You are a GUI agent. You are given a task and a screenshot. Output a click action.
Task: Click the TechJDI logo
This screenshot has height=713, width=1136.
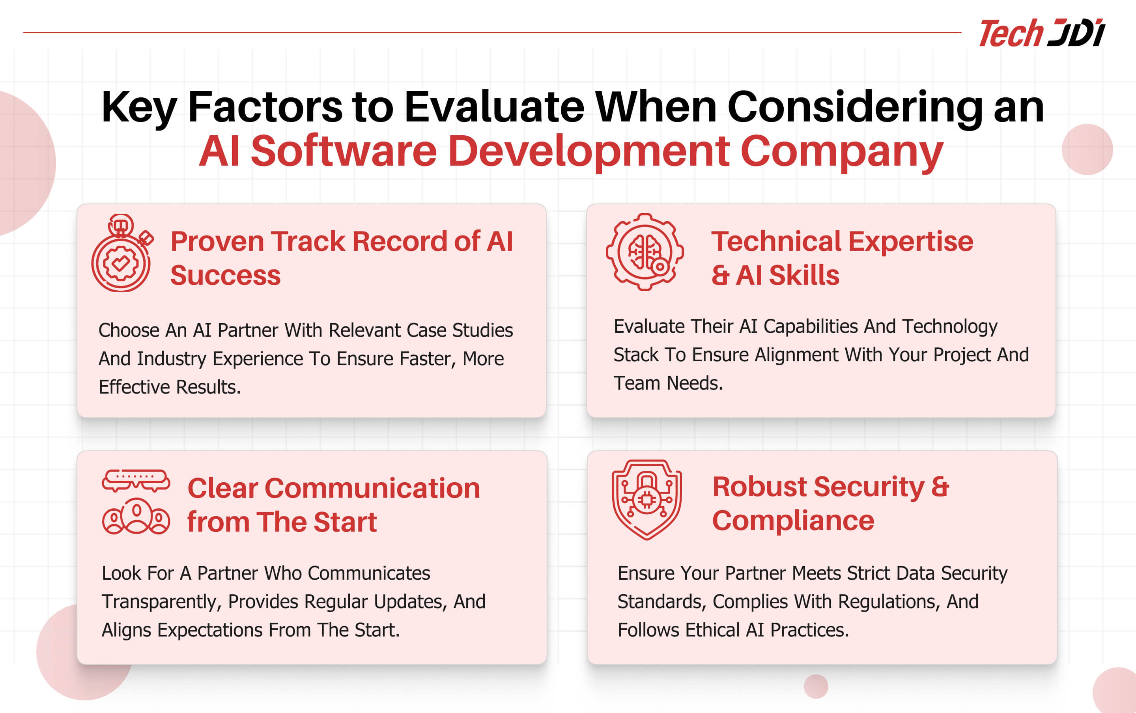click(x=1042, y=33)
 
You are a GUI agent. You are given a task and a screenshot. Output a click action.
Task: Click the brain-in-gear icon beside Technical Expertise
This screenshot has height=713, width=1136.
click(x=645, y=252)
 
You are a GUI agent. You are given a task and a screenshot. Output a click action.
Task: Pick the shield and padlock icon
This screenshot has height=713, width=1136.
click(x=646, y=500)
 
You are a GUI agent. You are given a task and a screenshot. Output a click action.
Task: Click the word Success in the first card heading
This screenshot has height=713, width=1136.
click(x=225, y=275)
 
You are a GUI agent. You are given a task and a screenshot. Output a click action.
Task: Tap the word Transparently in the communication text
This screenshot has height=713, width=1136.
click(x=161, y=602)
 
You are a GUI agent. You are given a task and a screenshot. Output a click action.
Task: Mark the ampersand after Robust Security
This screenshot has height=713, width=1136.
click(x=940, y=487)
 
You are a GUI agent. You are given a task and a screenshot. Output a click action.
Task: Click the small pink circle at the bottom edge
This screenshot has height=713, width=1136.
click(x=816, y=687)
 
